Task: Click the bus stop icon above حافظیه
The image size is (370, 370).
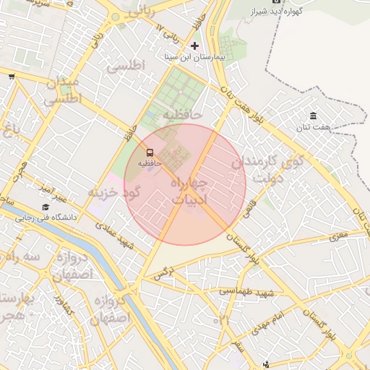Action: (150, 153)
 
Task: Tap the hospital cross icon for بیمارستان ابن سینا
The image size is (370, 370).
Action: (194, 46)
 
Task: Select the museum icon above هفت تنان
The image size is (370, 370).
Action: (313, 116)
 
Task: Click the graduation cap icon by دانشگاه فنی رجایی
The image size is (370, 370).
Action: (46, 207)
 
